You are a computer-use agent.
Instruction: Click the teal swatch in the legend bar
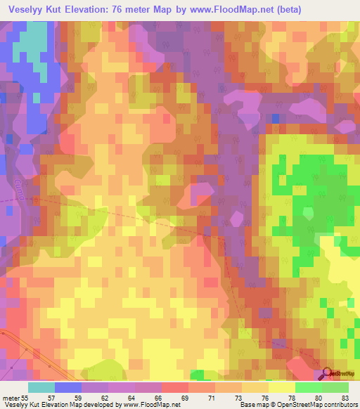[x=41, y=387]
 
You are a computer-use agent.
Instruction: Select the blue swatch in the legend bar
[x=67, y=387]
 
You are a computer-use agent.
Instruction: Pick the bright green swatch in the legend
[x=308, y=387]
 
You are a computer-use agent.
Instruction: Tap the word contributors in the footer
[x=338, y=405]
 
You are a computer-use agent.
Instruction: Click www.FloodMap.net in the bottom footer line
[x=151, y=405]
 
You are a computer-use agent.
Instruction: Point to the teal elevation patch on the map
[x=28, y=53]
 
